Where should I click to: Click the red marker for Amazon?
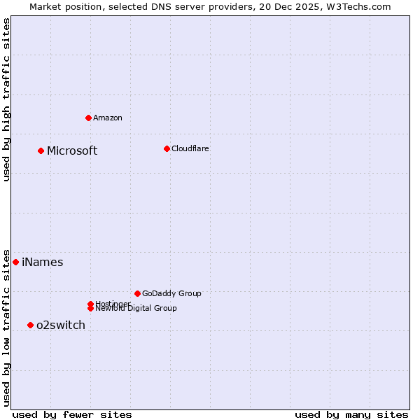pyautogui.click(x=88, y=118)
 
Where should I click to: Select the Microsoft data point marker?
pyautogui.click(x=41, y=150)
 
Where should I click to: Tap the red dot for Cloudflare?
pyautogui.click(x=167, y=148)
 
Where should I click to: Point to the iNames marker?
pyautogui.click(x=15, y=262)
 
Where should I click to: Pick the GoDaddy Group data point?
pyautogui.click(x=137, y=293)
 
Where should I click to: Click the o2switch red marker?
pyautogui.click(x=30, y=325)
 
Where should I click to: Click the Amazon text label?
pyautogui.click(x=108, y=118)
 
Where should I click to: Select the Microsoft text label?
pyautogui.click(x=72, y=150)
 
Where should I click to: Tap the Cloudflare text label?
pyautogui.click(x=190, y=148)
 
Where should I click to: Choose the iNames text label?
pyautogui.click(x=43, y=262)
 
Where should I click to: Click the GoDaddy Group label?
pyautogui.click(x=171, y=293)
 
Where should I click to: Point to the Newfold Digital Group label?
pyautogui.click(x=136, y=308)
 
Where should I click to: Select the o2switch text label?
pyautogui.click(x=61, y=325)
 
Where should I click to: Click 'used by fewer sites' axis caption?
pyautogui.click(x=72, y=414)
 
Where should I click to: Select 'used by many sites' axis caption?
pyautogui.click(x=351, y=414)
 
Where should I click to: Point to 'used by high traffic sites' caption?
pyautogui.click(x=7, y=99)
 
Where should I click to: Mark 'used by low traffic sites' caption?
pyautogui.click(x=7, y=328)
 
